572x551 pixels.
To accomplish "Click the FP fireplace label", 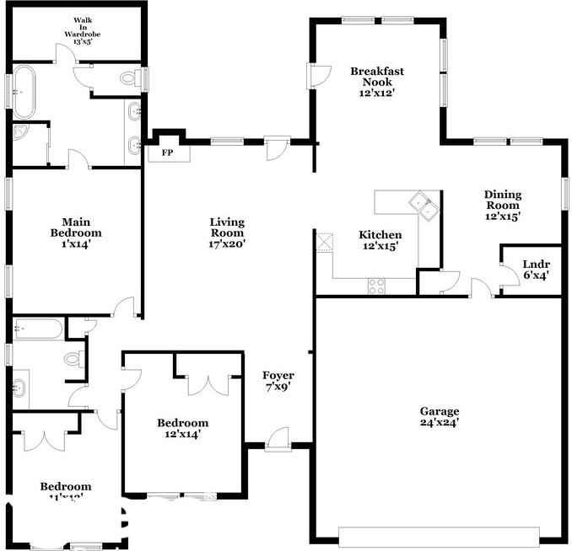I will click(167, 152).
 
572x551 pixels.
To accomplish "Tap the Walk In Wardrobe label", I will click(82, 29).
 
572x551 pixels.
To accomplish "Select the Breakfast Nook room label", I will click(376, 83).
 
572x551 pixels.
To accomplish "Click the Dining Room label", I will click(502, 205).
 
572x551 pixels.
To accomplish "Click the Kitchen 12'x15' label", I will click(380, 240).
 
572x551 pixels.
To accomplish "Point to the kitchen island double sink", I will click(423, 205).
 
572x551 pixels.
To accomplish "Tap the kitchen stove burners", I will click(376, 286).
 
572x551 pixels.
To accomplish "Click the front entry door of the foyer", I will click(278, 439).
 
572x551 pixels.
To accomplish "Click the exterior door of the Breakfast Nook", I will click(317, 77).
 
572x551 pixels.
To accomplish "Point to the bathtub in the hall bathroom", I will click(38, 329).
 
